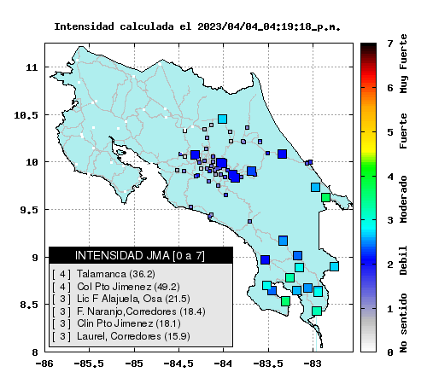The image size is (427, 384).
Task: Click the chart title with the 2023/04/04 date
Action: (197, 26)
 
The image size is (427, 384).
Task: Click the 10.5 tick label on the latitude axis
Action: (26, 115)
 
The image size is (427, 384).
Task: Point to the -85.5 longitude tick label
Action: (89, 364)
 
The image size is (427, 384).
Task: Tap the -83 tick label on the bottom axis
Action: (312, 364)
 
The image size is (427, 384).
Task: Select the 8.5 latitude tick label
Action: (29, 305)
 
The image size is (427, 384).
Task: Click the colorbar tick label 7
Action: (390, 44)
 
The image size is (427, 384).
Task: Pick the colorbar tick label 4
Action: (390, 177)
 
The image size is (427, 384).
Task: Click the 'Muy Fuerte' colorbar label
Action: (403, 64)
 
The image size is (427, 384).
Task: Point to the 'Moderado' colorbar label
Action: (403, 199)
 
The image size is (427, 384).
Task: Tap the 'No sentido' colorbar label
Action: (403, 323)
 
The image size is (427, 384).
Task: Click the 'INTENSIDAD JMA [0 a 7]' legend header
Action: (140, 255)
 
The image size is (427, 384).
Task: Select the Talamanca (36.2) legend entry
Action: (116, 274)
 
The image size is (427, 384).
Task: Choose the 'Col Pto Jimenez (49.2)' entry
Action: (128, 287)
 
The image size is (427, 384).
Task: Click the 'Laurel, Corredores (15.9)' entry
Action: (133, 336)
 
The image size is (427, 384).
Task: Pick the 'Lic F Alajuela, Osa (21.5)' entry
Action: (133, 299)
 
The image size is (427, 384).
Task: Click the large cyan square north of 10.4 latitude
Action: (222, 119)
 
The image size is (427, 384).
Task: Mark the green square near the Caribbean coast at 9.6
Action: (325, 197)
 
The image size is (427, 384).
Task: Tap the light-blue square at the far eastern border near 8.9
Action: (334, 266)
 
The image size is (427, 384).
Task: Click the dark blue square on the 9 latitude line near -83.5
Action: (265, 259)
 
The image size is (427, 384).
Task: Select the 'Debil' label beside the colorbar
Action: (403, 260)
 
